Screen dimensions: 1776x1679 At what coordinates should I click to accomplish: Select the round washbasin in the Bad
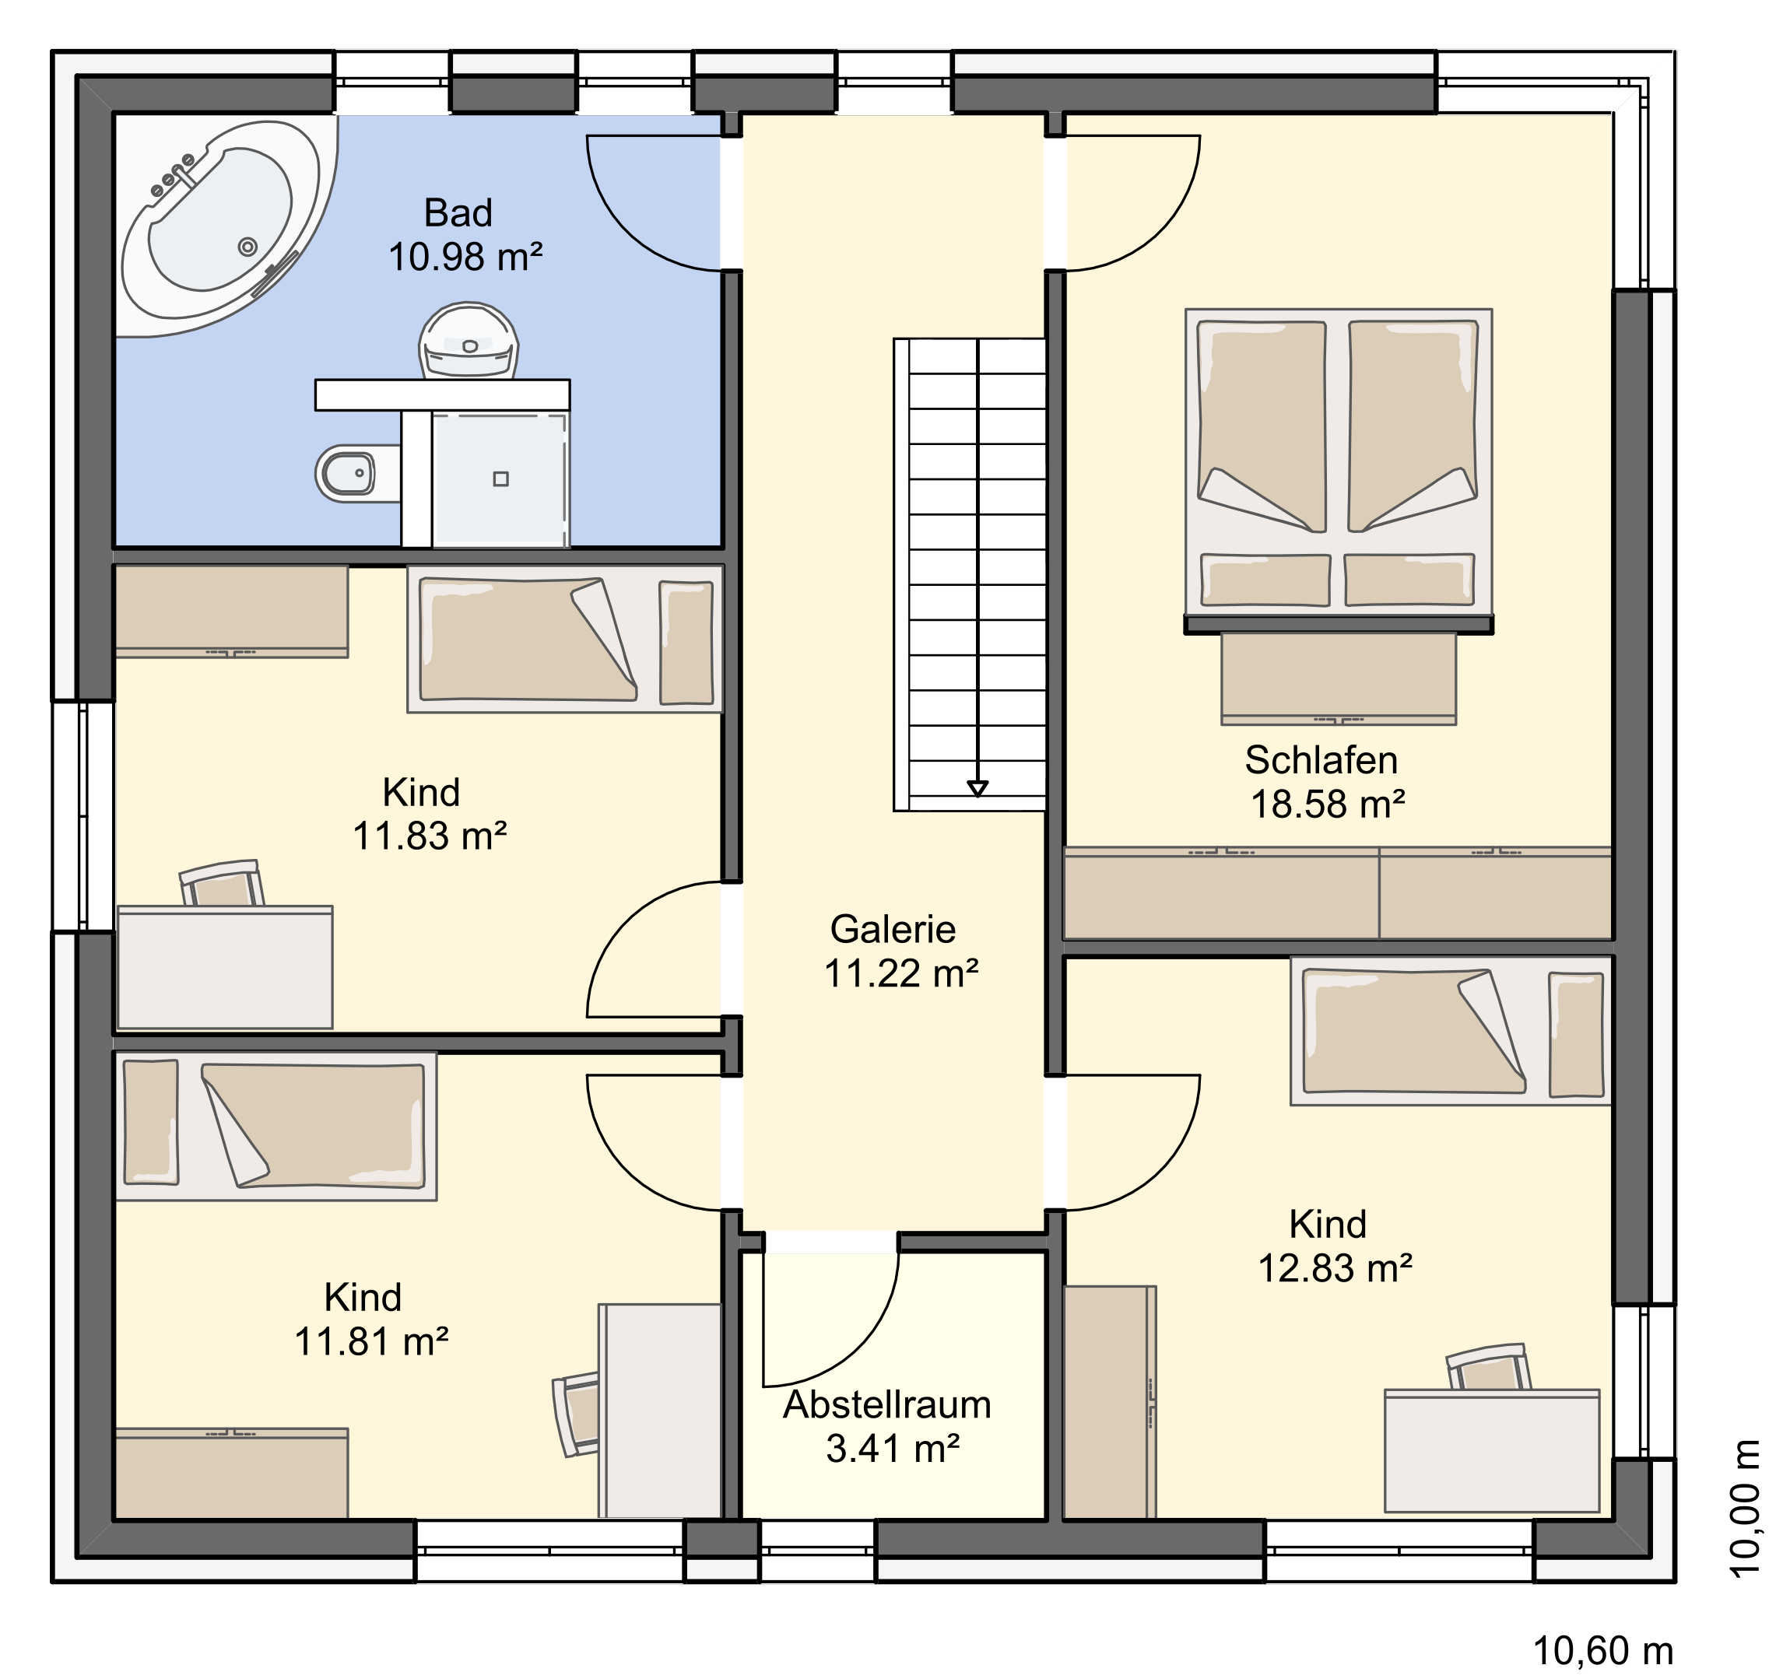pos(469,341)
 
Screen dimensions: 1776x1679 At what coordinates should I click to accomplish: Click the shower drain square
pos(501,478)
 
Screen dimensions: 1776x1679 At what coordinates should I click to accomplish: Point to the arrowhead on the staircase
pos(978,787)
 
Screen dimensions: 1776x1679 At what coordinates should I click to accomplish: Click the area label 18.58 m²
pos(1327,804)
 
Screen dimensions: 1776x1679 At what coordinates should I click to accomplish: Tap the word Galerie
pos(893,929)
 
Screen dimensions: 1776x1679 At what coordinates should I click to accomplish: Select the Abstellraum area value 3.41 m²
pos(893,1448)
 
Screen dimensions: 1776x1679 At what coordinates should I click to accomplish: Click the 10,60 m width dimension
pos(1602,1651)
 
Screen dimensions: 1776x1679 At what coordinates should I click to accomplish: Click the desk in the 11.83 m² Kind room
pos(225,966)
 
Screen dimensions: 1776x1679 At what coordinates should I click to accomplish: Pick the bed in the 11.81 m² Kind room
pos(276,1126)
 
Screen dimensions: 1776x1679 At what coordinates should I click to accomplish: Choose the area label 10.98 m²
pos(465,257)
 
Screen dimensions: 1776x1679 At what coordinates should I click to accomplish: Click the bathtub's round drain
pos(248,247)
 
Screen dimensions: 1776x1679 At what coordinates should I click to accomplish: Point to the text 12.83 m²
pos(1335,1268)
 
